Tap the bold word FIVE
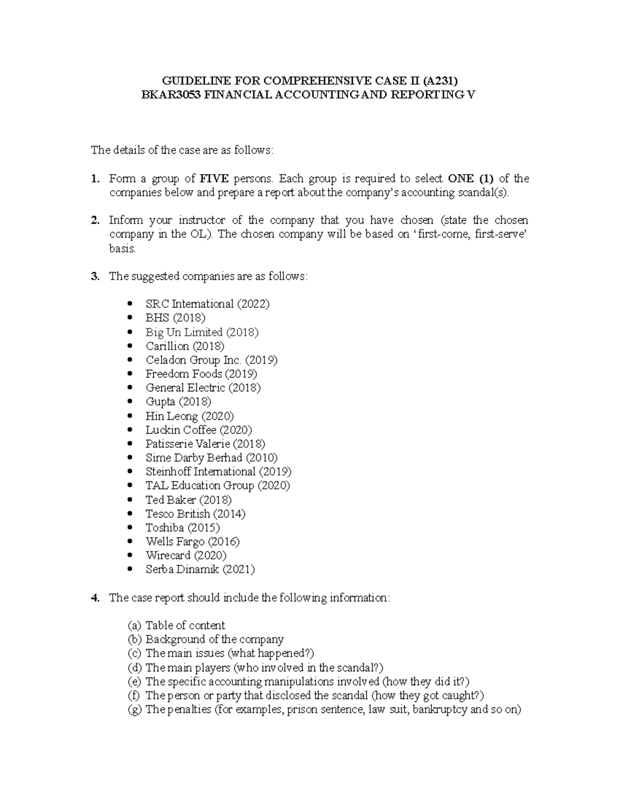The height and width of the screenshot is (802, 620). click(214, 179)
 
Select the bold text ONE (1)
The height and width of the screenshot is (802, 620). click(471, 179)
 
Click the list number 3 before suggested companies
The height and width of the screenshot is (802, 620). click(95, 276)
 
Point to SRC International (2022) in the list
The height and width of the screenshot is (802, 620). click(208, 304)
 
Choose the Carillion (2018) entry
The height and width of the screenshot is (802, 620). click(185, 346)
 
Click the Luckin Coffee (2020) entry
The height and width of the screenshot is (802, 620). click(199, 430)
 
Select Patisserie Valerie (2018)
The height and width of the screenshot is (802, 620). click(205, 444)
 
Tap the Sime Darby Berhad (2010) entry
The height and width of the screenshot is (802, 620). click(211, 458)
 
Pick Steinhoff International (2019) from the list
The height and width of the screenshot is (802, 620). click(219, 471)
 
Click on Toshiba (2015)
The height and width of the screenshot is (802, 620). click(182, 527)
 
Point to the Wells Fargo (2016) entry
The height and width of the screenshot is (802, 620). click(193, 541)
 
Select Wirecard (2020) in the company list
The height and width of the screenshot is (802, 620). click(186, 555)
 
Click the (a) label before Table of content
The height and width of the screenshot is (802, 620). click(134, 625)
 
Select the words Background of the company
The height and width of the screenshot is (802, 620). click(214, 639)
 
